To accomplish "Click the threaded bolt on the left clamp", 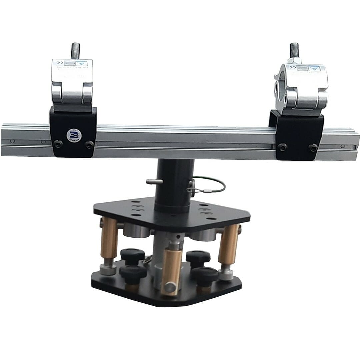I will (75, 51).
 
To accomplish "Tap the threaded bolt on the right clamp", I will (294, 50).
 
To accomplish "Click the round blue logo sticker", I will (72, 135).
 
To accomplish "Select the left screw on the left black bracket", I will (58, 144).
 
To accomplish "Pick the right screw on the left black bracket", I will (89, 144).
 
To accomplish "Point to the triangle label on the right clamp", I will (313, 68).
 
